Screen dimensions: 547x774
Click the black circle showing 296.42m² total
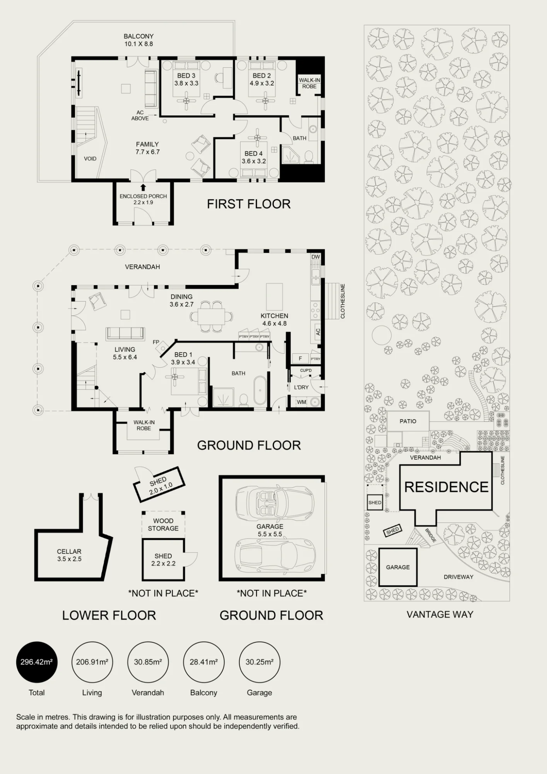[37, 662]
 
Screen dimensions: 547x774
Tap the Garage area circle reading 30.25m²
[259, 662]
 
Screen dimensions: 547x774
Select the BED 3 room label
[186, 76]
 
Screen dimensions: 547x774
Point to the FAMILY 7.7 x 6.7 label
[147, 148]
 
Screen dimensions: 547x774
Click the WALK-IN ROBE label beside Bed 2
[309, 83]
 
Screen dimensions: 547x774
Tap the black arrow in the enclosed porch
[143, 188]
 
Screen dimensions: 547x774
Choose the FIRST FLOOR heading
[249, 204]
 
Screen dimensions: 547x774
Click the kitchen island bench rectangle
[274, 297]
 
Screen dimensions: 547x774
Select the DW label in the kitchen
[316, 257]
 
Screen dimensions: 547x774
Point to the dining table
[211, 317]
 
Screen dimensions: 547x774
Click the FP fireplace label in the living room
[156, 342]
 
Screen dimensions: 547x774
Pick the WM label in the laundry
[301, 402]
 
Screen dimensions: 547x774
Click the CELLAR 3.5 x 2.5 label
[69, 555]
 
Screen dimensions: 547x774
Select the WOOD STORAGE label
[163, 525]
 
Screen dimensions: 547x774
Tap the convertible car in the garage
[275, 502]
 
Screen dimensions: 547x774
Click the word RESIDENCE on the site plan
[446, 487]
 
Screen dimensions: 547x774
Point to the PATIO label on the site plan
[408, 421]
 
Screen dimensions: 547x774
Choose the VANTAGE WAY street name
[440, 615]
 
